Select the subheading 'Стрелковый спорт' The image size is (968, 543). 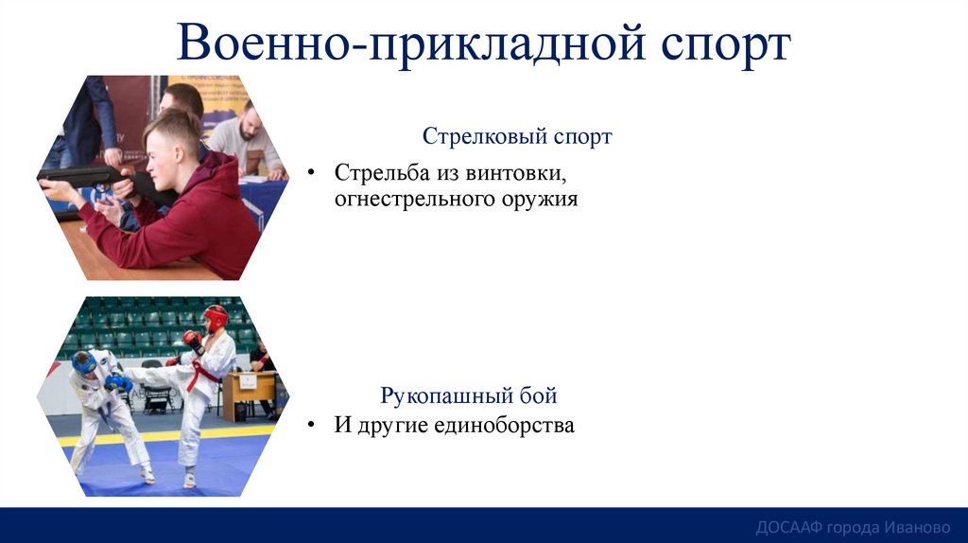tap(517, 136)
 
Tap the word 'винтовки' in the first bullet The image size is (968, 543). tap(524, 174)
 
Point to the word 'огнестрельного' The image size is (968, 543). tap(410, 200)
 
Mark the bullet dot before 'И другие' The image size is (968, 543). tap(311, 427)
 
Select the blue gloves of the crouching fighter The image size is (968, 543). tap(119, 383)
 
